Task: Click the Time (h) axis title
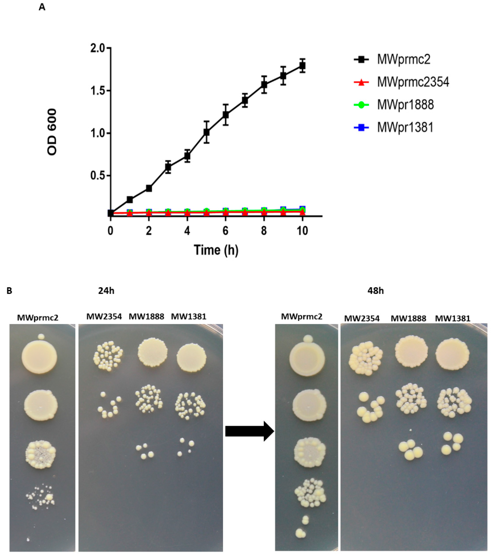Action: [x=216, y=250]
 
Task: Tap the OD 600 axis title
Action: [x=52, y=132]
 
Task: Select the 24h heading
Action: [x=106, y=291]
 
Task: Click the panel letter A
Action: [x=42, y=7]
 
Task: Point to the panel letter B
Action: [x=9, y=291]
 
